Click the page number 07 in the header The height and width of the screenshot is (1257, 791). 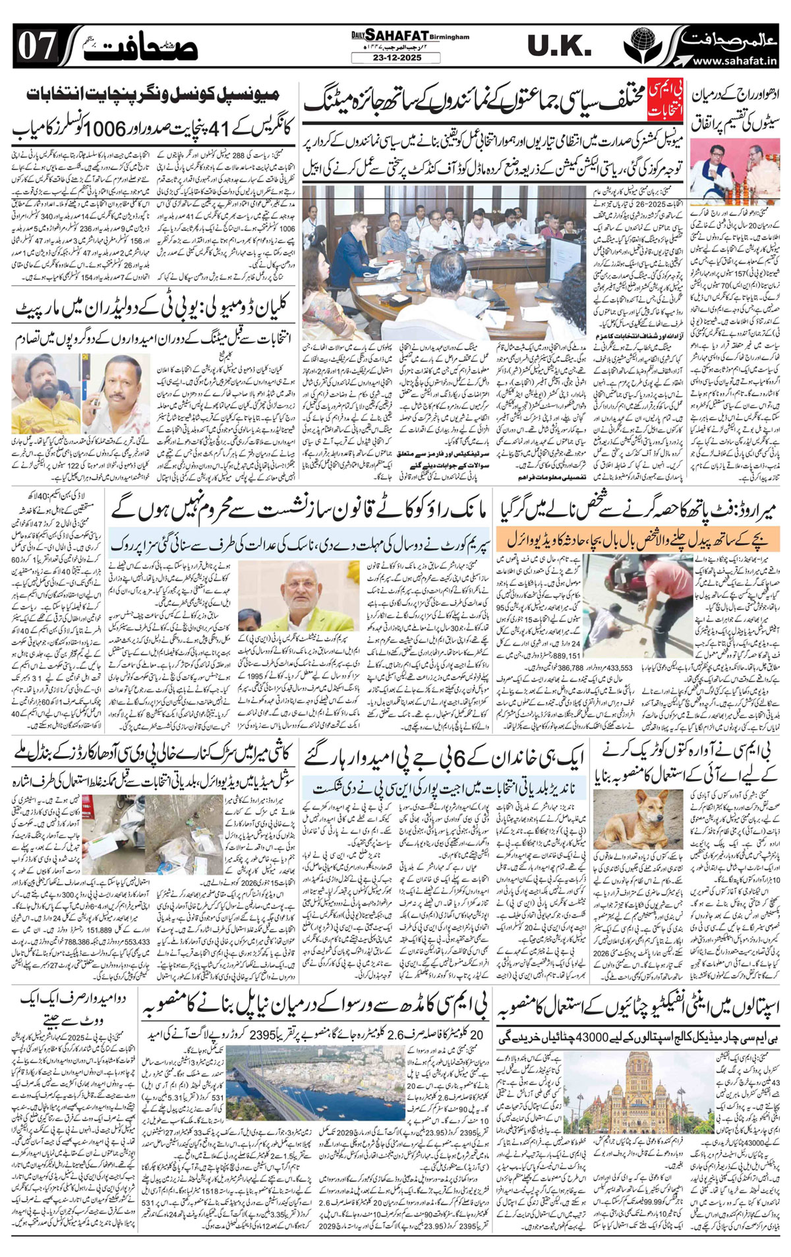36,46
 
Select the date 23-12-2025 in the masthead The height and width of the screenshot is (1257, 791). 395,57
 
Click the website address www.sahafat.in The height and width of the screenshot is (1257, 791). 735,61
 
